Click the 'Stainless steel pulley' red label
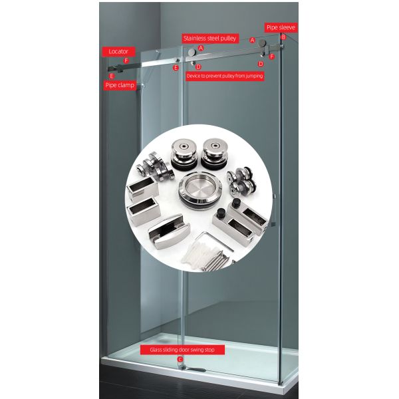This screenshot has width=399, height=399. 209,39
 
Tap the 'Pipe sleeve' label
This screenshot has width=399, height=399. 280,27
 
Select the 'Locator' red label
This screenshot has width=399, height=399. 118,51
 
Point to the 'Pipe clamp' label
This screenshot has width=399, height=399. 120,85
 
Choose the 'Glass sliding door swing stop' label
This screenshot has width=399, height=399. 182,349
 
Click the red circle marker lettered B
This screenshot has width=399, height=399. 283,37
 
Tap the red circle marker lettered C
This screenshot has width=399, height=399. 180,359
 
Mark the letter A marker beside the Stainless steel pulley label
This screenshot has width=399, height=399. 201,49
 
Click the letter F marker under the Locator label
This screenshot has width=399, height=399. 126,61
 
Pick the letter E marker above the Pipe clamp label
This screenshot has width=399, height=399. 112,76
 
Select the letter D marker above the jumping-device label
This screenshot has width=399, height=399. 198,66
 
